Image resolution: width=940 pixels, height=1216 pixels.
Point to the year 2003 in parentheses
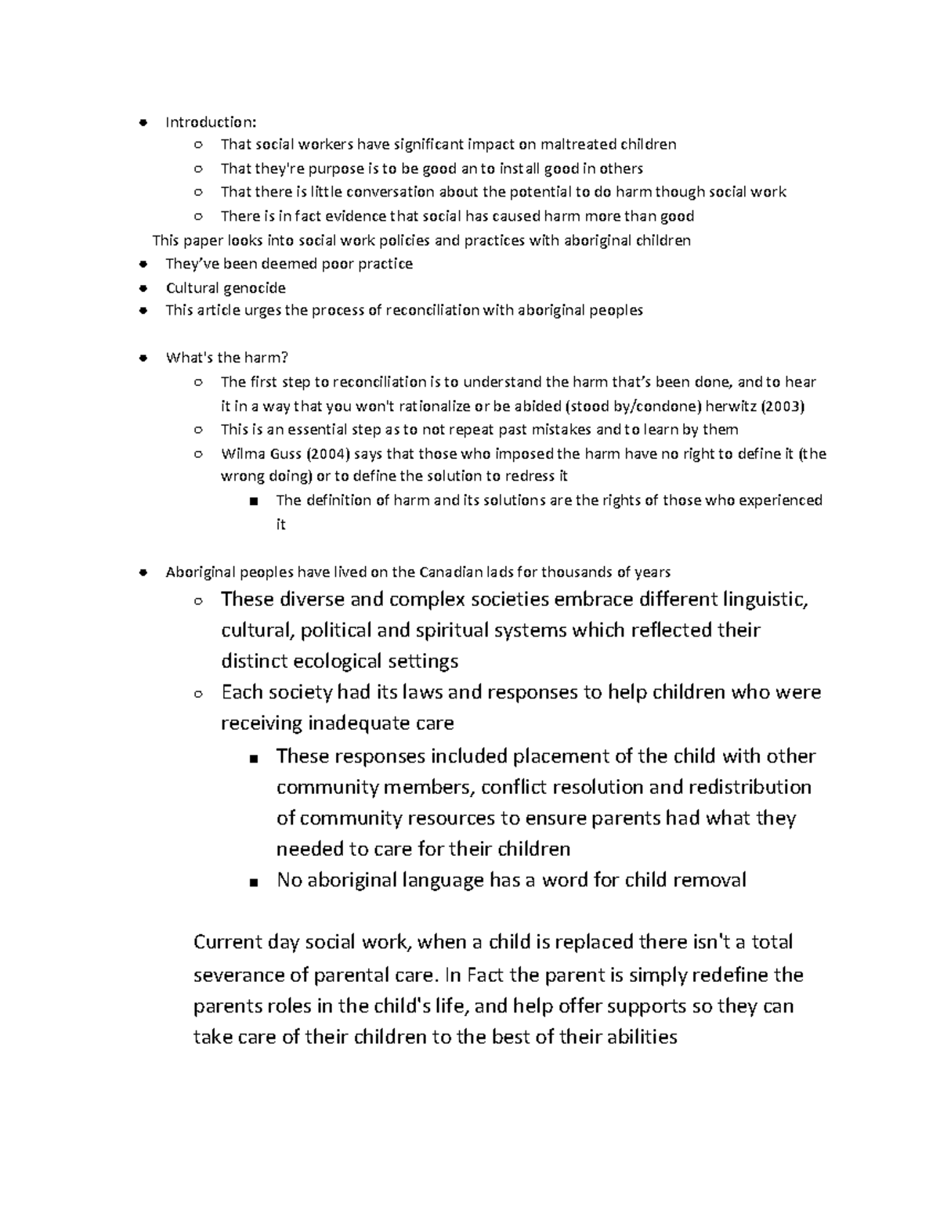click(x=783, y=406)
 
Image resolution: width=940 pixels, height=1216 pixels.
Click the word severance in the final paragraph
click(x=241, y=976)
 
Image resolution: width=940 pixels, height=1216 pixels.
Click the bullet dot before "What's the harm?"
click(x=142, y=359)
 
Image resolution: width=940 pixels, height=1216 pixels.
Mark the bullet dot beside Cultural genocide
click(x=142, y=287)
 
